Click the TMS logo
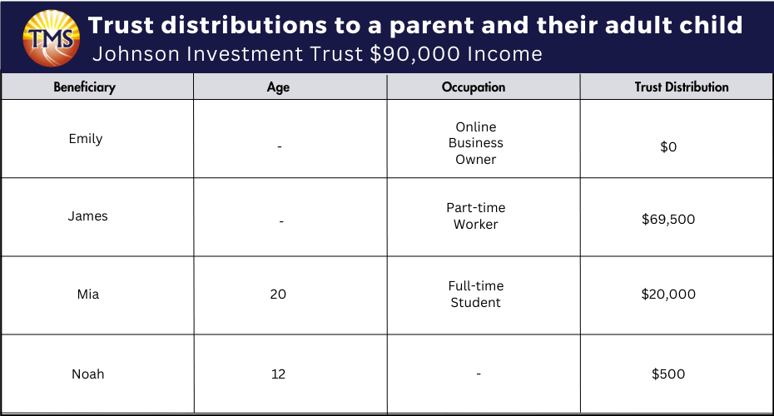coord(52,38)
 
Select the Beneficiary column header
coord(84,87)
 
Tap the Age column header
coord(279,87)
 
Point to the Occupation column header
coord(474,87)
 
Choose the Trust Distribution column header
coord(682,87)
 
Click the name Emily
coord(86,139)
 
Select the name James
coord(88,216)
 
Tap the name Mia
coord(88,294)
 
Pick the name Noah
coord(88,374)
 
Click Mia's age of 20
coord(278,294)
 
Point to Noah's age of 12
coord(279,374)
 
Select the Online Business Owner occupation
coord(476,143)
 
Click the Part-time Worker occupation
coord(476,216)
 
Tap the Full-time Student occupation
coord(476,294)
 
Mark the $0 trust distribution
coord(668,146)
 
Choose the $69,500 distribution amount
coord(668,219)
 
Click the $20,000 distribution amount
coord(668,294)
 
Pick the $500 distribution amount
coord(668,374)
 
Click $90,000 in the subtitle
coord(415,54)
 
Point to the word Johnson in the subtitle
coord(136,54)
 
